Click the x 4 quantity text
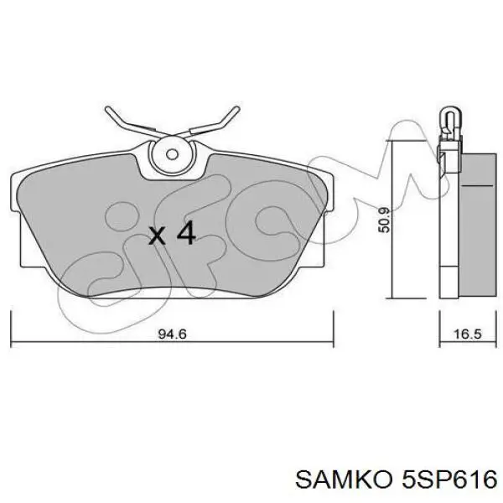tap(171, 234)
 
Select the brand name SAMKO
tap(334, 480)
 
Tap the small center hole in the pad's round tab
tap(173, 154)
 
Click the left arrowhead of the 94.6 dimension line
tap(14, 342)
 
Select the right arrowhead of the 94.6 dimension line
tap(331, 342)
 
